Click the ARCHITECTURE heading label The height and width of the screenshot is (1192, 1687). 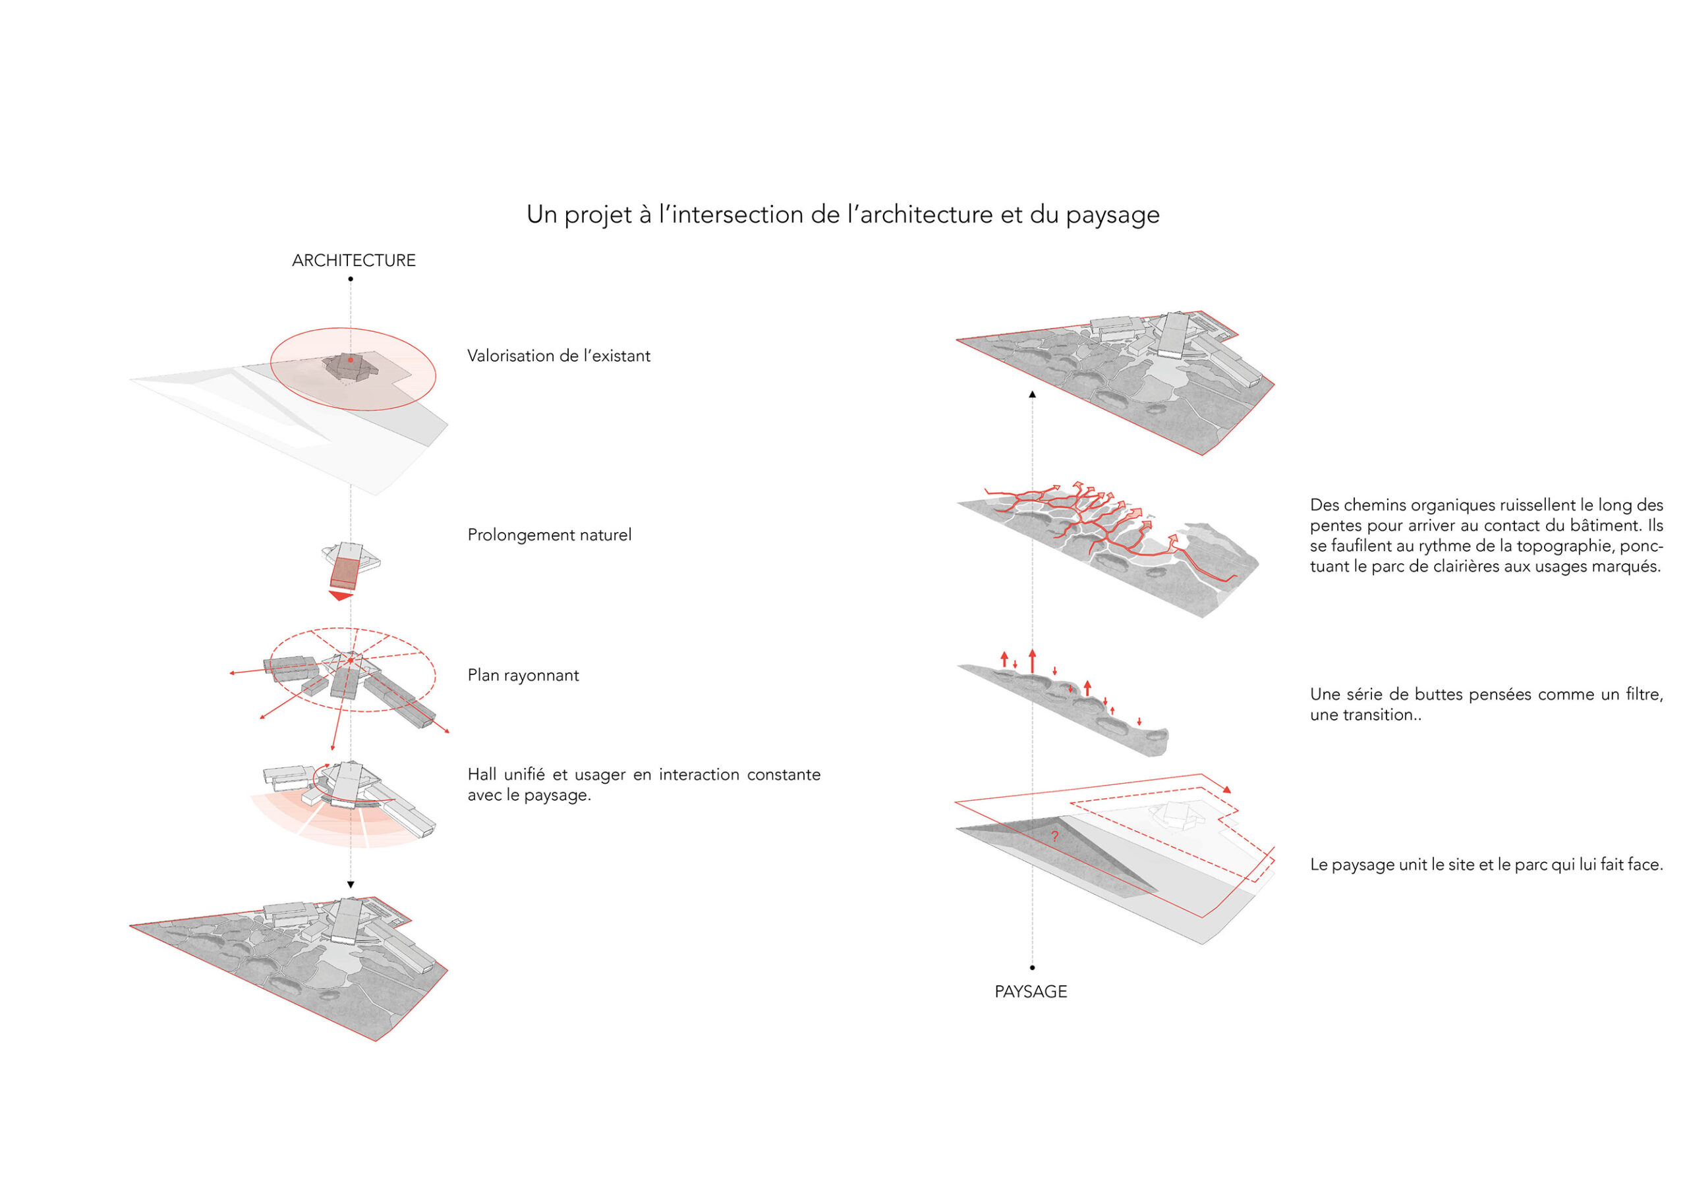tap(353, 261)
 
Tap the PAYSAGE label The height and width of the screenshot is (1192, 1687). tap(1030, 992)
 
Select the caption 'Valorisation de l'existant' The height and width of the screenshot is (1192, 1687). tap(558, 356)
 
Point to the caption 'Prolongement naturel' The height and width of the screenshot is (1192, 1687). tap(549, 535)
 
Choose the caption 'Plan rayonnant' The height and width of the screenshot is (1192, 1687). tap(523, 676)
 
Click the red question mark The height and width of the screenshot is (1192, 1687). tap(1054, 836)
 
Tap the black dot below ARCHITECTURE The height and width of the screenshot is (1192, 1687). tap(351, 279)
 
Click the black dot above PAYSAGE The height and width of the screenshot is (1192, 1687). tap(1033, 968)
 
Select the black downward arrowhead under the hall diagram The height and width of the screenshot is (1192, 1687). tap(351, 885)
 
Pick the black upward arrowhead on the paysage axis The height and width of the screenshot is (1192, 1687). tap(1033, 394)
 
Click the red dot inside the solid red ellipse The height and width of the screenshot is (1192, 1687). tap(351, 360)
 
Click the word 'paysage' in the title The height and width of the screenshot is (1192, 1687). tap(1112, 215)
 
